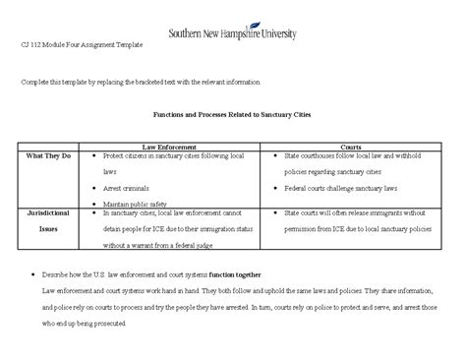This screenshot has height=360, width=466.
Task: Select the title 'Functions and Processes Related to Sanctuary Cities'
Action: [233, 114]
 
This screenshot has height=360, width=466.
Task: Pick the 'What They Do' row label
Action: [48, 156]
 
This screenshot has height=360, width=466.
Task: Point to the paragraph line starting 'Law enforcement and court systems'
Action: [236, 292]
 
